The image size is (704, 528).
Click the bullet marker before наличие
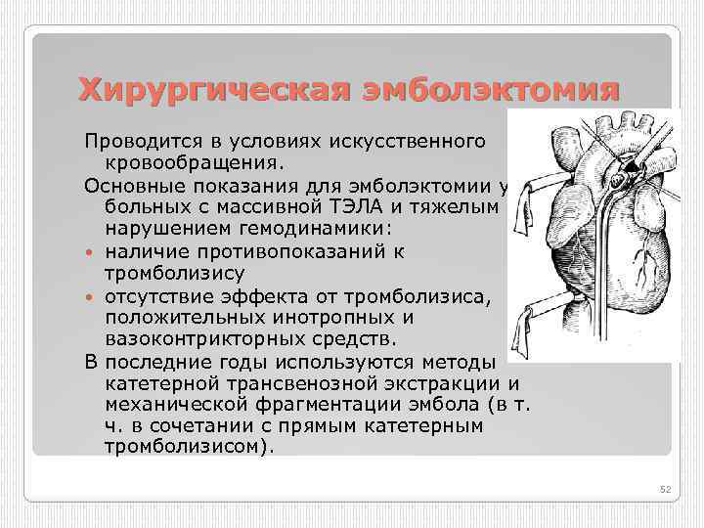pyautogui.click(x=90, y=251)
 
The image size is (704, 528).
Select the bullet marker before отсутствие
pyautogui.click(x=90, y=297)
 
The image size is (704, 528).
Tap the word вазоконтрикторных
pyautogui.click(x=215, y=340)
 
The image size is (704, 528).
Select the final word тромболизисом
pyautogui.click(x=186, y=448)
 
